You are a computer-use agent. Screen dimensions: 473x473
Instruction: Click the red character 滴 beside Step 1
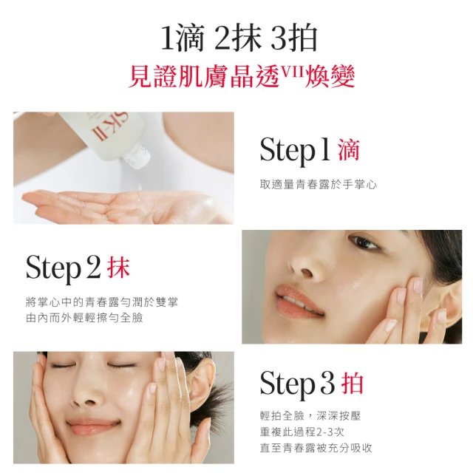coord(349,150)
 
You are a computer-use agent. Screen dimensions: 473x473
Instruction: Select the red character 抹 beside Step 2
coord(118,268)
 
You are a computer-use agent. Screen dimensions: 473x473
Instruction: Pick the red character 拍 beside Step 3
coord(352,383)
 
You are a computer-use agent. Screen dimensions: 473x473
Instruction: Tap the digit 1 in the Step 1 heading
coord(325,149)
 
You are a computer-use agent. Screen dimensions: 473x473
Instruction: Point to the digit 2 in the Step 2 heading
coord(93,267)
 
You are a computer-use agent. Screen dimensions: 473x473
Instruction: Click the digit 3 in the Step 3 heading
coord(327,383)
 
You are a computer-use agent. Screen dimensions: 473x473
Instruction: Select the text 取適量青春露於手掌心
coord(319,184)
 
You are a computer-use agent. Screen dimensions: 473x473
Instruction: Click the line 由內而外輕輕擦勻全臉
coord(84,318)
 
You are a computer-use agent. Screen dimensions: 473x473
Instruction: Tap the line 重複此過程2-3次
coord(302,432)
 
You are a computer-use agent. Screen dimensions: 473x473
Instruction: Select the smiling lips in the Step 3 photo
coord(93,426)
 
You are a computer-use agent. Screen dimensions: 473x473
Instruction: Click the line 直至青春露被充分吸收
coord(316,448)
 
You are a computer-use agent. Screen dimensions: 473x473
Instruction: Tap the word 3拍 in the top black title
coord(293,38)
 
